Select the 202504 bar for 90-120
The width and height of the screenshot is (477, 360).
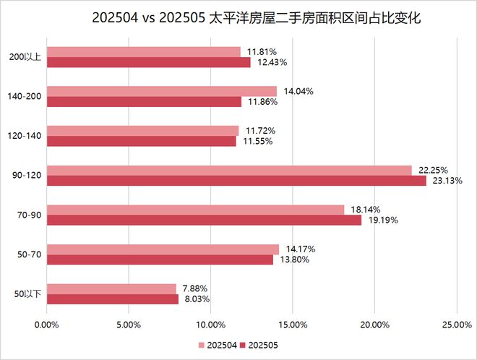[229, 170]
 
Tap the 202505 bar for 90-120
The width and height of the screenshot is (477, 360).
[236, 181]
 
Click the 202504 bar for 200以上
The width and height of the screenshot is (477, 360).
[143, 52]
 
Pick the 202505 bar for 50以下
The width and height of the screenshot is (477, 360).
[112, 299]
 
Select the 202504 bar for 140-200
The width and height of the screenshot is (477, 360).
[162, 91]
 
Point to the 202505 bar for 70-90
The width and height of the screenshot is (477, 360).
[204, 220]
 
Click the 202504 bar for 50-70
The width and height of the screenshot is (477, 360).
[163, 249]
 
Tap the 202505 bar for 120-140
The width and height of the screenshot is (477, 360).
[141, 141]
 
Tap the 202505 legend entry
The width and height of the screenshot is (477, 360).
[260, 346]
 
